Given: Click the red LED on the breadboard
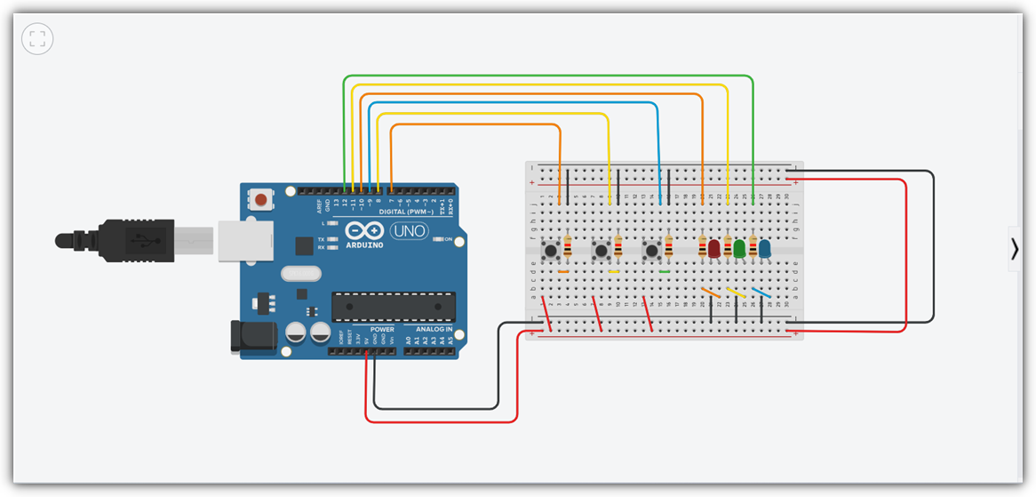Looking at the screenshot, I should pyautogui.click(x=714, y=248).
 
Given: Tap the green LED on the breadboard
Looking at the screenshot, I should pyautogui.click(x=739, y=248).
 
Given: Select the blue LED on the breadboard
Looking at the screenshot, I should pyautogui.click(x=764, y=248).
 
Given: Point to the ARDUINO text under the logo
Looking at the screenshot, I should pyautogui.click(x=365, y=244).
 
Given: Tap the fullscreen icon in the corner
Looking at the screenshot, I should pyautogui.click(x=37, y=38).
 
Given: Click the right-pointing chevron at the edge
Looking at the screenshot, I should pyautogui.click(x=1015, y=250).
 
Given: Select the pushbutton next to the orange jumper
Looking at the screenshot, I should pyautogui.click(x=552, y=253).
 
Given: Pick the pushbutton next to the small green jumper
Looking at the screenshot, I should pyautogui.click(x=652, y=253).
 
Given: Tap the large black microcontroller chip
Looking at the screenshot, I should pyautogui.click(x=394, y=307).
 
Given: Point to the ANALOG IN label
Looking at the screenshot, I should pyautogui.click(x=431, y=330).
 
